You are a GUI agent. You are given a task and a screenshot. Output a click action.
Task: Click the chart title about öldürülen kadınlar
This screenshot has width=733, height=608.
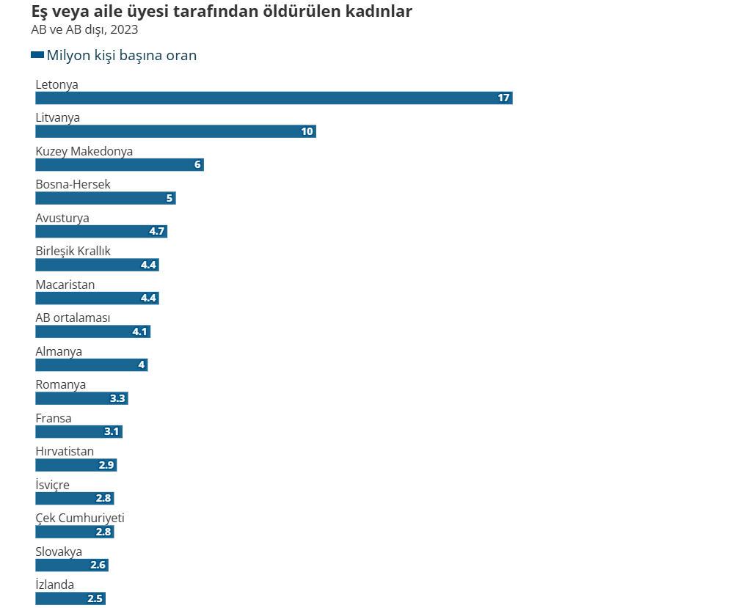pos(221,12)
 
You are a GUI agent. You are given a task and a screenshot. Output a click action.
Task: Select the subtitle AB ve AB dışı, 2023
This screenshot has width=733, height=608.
pos(84,30)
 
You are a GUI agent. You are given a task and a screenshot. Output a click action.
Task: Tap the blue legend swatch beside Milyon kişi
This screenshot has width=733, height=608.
pos(37,55)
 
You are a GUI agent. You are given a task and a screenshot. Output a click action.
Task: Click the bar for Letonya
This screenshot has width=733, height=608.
pos(274,98)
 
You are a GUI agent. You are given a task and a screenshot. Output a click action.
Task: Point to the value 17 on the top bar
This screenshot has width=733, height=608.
pos(503,98)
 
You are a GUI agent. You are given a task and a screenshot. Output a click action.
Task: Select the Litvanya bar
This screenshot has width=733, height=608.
pos(175,131)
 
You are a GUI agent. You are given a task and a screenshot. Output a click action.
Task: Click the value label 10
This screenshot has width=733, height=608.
pos(307,131)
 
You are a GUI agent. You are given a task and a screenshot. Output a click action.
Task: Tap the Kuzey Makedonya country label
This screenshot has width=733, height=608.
pos(84,151)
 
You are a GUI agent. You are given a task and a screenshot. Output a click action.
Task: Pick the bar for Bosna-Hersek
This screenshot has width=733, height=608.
pos(106,198)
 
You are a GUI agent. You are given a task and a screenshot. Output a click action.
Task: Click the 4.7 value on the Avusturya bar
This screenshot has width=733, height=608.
pos(157,232)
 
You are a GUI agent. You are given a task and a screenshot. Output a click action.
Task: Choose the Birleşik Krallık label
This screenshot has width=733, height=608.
pos(73,251)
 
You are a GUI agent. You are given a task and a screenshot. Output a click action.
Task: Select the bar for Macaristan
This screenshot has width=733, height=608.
pos(97,298)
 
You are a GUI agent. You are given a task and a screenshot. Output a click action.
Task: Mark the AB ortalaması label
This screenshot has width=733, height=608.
pos(73,318)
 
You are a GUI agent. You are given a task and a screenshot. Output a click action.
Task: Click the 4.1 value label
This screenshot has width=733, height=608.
pos(140,332)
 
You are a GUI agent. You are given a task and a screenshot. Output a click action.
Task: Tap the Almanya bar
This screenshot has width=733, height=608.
pos(92,365)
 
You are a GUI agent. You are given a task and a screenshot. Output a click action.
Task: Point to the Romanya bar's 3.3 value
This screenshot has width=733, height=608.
pos(118,399)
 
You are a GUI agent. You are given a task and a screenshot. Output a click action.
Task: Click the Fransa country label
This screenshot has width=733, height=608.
pos(54,418)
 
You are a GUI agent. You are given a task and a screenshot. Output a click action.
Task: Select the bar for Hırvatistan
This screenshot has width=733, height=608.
pos(76,465)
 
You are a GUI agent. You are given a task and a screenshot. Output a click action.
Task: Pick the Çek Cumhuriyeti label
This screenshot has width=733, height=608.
pos(80,518)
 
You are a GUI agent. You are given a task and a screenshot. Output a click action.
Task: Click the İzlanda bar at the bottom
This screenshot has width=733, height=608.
pos(70,598)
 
